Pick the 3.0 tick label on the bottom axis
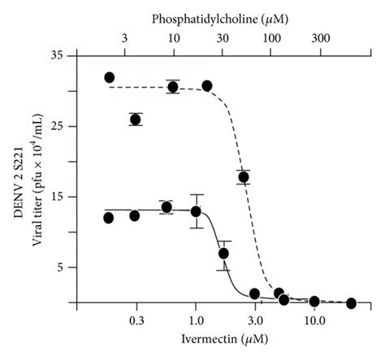tap(254, 320)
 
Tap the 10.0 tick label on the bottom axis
tap(314, 320)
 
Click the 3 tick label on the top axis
tap(124, 38)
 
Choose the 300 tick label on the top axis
tap(322, 38)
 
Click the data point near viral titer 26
tap(135, 119)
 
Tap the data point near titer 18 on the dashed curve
tap(243, 176)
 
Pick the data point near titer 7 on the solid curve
tap(223, 254)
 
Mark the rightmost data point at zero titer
tap(351, 303)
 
